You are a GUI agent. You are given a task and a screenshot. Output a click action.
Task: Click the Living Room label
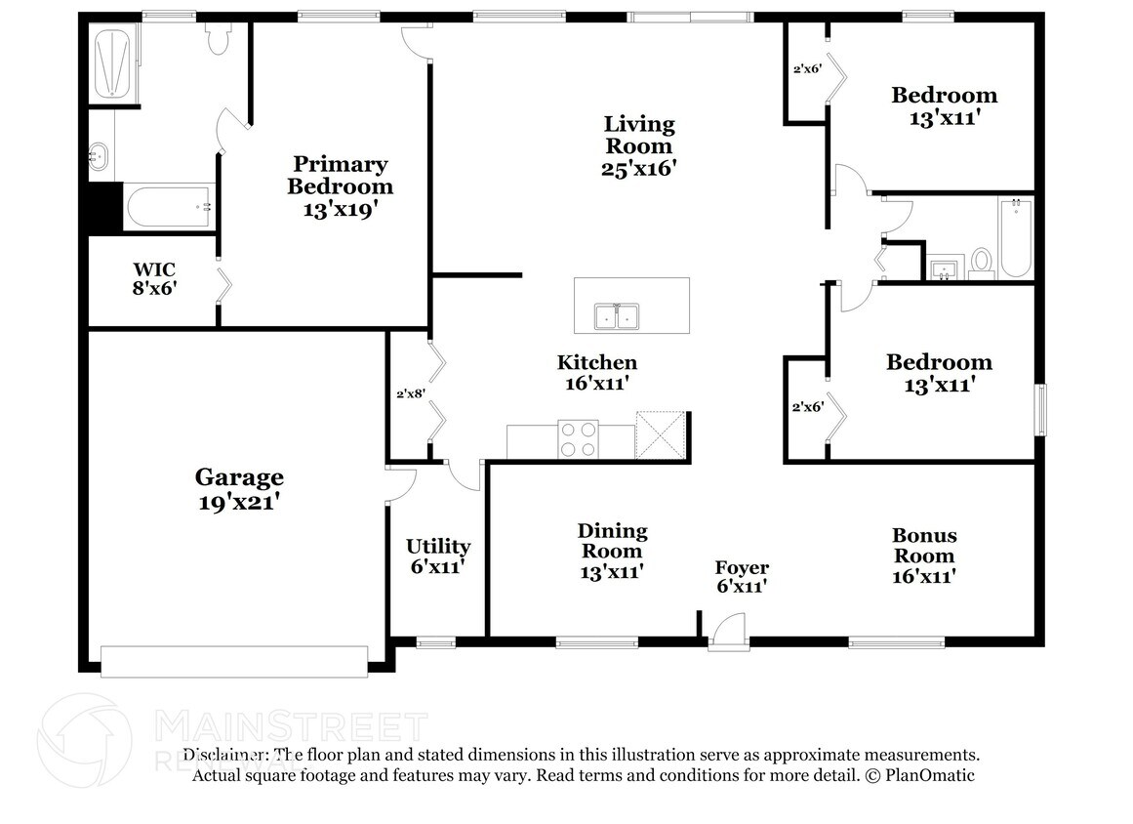tap(639, 135)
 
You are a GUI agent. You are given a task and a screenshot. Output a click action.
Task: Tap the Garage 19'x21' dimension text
tap(239, 503)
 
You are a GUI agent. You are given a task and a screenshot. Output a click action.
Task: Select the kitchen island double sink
tap(617, 316)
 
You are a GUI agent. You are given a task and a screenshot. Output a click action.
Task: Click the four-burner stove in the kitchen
tap(578, 439)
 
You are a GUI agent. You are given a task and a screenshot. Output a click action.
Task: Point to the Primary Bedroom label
tap(341, 175)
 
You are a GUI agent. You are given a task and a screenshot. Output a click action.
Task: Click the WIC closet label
tap(154, 269)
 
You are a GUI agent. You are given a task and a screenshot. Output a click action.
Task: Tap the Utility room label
tap(438, 546)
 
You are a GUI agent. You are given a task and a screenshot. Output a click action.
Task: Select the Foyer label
tap(742, 567)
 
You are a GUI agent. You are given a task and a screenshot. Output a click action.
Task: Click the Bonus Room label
tap(924, 546)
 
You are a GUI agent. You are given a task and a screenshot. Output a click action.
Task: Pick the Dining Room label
tap(612, 541)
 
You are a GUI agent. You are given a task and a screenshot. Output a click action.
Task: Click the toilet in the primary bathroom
tap(218, 38)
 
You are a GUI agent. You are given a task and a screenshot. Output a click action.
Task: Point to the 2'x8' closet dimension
tap(411, 393)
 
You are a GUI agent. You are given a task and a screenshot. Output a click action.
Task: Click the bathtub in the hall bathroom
tap(1016, 238)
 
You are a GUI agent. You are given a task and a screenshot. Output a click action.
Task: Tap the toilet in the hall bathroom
tap(982, 263)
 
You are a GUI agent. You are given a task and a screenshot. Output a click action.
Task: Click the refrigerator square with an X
tap(660, 435)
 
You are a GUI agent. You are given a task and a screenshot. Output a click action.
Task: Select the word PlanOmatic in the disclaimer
tap(930, 775)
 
